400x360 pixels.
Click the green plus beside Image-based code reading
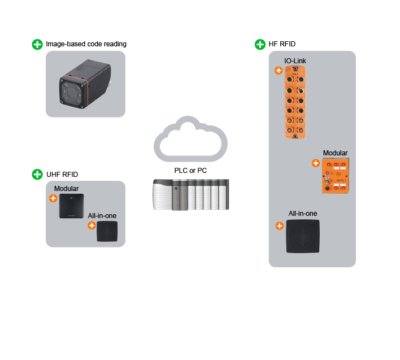37,44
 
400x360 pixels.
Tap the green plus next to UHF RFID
37,174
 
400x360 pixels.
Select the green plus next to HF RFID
260,44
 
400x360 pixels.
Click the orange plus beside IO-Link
279,71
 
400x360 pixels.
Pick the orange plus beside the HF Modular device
316,163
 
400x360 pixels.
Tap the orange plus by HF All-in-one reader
279,225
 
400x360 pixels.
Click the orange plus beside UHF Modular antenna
53,198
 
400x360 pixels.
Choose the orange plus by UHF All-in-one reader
92,225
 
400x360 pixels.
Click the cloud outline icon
190,138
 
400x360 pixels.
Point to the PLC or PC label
190,170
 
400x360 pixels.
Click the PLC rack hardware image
190,194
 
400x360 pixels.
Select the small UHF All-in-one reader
107,231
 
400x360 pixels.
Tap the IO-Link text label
295,60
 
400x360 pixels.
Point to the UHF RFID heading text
62,174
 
